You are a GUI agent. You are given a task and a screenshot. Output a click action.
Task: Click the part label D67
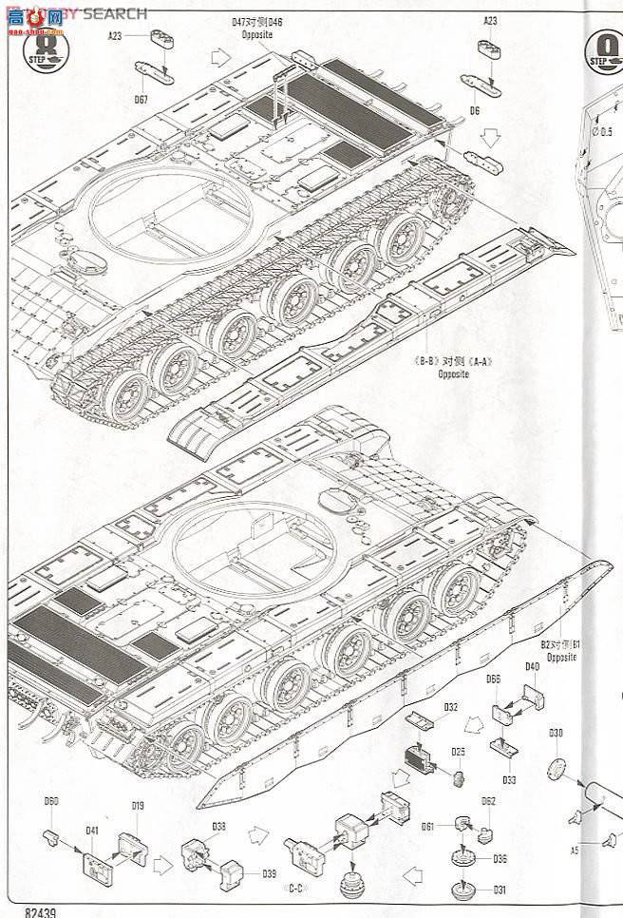coord(141,100)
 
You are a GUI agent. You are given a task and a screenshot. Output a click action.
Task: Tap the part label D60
coord(50,801)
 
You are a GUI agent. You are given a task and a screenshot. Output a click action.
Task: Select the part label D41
coord(92,831)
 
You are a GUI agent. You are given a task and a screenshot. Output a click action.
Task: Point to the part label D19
coord(138,806)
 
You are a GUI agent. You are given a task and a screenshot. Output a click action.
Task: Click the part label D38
coord(218,826)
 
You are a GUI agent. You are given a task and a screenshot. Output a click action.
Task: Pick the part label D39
coord(269,873)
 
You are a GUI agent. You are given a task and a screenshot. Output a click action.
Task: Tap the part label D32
coord(450,707)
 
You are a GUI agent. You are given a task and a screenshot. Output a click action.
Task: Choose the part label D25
coord(459,752)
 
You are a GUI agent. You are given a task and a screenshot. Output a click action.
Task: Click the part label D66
coord(493,679)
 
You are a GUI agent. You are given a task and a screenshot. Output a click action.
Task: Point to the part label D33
coord(509,780)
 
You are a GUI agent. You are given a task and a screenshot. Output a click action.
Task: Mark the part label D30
coord(556,733)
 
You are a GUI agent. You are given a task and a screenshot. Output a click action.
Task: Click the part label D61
coord(428,826)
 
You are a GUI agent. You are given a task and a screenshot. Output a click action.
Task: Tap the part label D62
coord(488,800)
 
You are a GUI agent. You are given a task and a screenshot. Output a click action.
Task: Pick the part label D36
coord(500,859)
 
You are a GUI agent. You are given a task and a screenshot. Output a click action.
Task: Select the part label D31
coord(500,889)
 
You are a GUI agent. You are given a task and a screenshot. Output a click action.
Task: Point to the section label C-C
coord(295,888)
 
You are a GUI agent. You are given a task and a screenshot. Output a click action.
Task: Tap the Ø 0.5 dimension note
coord(605,131)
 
